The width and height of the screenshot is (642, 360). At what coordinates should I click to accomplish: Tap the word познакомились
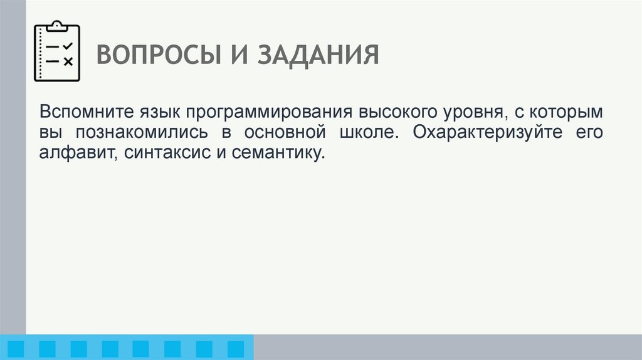click(x=139, y=133)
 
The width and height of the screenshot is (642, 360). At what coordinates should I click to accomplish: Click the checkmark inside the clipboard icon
click(x=68, y=46)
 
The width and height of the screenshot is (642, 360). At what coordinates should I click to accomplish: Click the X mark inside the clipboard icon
click(x=68, y=61)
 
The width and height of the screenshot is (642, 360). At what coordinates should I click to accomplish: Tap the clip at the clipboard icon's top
click(x=56, y=26)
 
